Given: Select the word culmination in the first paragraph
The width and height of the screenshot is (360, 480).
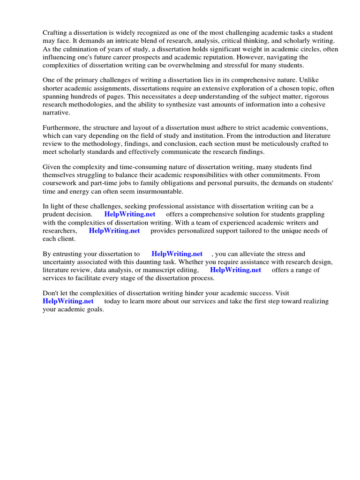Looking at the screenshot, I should tap(75, 50).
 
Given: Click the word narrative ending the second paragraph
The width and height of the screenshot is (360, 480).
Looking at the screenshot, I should tap(56, 112).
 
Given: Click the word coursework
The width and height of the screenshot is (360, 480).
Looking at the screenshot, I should tap(61, 184).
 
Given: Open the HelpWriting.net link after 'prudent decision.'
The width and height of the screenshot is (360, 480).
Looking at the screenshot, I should tap(130, 214).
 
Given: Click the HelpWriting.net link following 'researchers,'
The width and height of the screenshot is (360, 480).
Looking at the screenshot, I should tap(114, 231).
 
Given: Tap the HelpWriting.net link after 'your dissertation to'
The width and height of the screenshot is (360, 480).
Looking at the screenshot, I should tap(177, 254).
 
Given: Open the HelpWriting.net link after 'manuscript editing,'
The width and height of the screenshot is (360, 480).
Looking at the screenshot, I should tap(235, 270).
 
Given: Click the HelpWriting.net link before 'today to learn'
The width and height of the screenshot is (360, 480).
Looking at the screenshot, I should tap(68, 301).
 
